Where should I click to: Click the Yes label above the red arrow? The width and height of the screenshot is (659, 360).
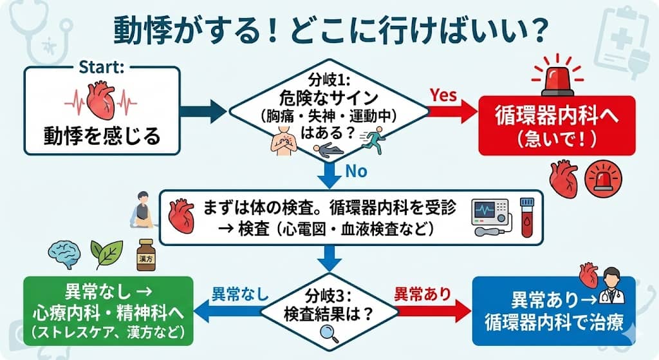(x=443, y=95)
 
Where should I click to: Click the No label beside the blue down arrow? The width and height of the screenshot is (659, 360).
(x=357, y=172)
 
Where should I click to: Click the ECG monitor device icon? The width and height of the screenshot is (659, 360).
(x=490, y=216)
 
